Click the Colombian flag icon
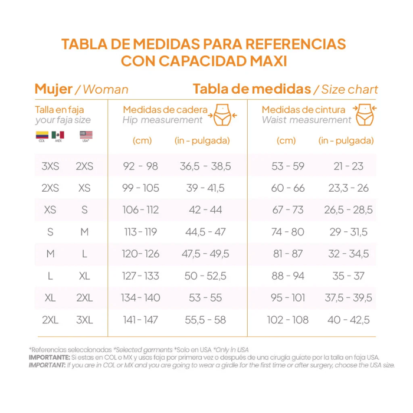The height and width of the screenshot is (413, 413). pos(41,136)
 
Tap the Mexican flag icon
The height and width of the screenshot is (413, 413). pos(58,136)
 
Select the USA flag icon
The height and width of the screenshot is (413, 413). pos(86,136)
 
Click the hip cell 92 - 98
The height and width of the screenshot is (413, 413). pos(140,166)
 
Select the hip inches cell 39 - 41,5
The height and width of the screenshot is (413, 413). pos(205,188)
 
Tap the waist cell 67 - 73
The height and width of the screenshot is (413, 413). pos(287,210)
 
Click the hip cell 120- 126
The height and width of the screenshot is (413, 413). pos(140,254)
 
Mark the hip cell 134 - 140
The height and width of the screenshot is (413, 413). pos(140,298)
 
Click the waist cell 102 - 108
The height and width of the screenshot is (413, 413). pos(287,320)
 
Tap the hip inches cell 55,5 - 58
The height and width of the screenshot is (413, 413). pos(205,320)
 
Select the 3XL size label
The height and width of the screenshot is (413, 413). pos(84,320)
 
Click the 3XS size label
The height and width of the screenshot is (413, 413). pos(50,166)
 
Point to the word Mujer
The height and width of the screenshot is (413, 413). pos(53,89)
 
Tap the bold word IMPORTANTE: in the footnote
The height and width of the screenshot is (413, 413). pos(49,358)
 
